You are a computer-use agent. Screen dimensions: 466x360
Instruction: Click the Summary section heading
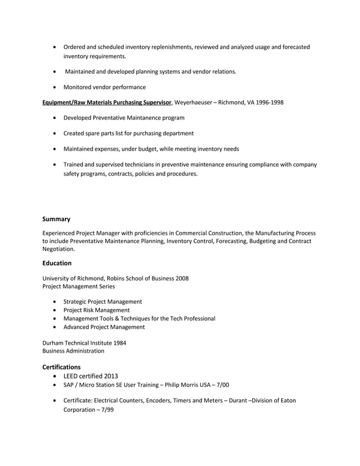coord(56,218)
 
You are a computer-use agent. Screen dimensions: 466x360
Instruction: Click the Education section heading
coord(57,263)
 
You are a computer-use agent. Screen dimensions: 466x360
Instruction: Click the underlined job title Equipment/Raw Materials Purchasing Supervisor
coord(107,102)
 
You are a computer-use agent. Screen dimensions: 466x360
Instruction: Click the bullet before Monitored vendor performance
coord(54,87)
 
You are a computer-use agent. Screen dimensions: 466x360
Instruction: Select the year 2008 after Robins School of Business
coord(182,278)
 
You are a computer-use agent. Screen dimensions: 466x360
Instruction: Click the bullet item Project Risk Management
coord(96,310)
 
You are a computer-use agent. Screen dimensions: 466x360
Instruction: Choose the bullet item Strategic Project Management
coord(103,302)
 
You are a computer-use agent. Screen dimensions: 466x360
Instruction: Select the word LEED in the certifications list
coord(73,376)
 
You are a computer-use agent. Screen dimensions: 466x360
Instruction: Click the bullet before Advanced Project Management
coord(54,327)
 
